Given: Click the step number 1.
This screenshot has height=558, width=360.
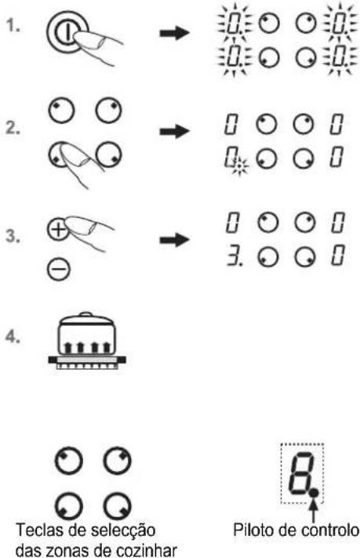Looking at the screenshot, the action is point(13,26).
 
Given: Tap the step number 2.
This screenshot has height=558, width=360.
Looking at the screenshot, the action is point(13,128).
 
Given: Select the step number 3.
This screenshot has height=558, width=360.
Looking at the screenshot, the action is point(13,236).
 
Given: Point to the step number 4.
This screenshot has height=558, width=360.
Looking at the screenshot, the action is point(13,337).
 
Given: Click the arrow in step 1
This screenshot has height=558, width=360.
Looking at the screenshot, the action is point(174,34).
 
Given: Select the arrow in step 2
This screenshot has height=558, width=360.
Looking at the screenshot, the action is point(174,132).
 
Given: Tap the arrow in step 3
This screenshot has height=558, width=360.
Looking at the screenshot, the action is point(174,240).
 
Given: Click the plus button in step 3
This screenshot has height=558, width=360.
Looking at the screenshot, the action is point(58,229).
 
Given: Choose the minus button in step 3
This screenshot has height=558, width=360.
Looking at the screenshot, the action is point(59,269).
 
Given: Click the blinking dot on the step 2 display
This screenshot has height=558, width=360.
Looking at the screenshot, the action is point(241,165).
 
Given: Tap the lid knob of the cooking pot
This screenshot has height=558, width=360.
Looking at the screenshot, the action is point(85,314).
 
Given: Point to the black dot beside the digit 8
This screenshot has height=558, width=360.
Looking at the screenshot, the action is point(314,493).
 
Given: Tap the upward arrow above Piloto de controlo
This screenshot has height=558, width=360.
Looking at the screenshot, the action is point(314,509).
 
